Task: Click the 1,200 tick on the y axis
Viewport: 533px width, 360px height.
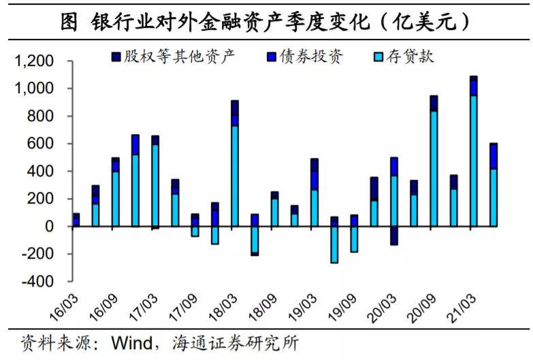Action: [x=33, y=61]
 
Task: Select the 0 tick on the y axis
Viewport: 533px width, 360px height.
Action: [x=48, y=226]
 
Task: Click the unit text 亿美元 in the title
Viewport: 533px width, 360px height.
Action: [x=423, y=22]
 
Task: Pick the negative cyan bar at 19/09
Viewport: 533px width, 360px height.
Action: [x=354, y=239]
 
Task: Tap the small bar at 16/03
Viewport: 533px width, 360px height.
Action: [x=76, y=220]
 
